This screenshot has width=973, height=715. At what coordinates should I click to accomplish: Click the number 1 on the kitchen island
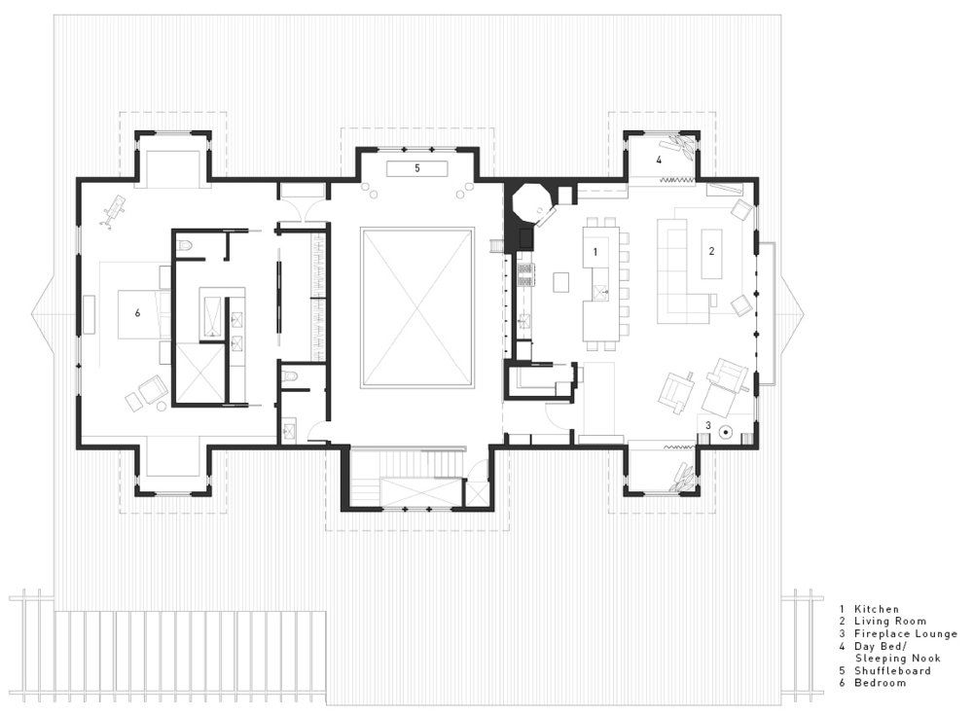pos(595,251)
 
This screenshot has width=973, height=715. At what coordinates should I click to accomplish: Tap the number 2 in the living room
pos(712,251)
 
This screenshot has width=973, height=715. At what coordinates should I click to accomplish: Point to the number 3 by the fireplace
pos(708,426)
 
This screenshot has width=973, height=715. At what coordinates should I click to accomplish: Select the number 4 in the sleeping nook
pos(659,160)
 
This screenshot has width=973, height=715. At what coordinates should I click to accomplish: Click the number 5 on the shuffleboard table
pos(417,168)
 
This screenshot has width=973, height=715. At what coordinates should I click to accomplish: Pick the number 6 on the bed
pos(137,313)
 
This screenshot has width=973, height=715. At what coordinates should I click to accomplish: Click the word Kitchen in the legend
pos(877,610)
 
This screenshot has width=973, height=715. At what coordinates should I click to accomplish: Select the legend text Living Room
pos(890,622)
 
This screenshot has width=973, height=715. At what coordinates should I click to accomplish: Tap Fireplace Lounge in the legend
pos(905,633)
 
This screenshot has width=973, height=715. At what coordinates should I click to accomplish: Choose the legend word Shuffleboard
pos(892,671)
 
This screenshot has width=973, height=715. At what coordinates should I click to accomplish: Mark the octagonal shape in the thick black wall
pos(529,202)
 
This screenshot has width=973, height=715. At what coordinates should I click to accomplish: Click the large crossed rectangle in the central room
pos(417,307)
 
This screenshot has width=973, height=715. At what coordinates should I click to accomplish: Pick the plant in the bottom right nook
pos(683,476)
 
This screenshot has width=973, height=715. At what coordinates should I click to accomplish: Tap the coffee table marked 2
pos(712,253)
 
